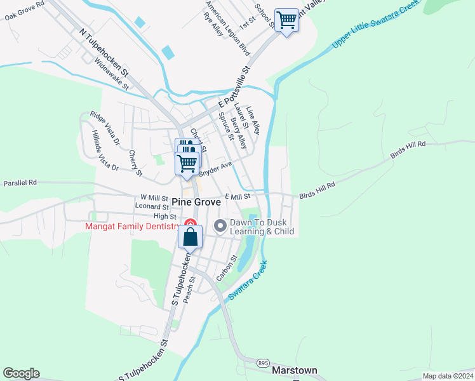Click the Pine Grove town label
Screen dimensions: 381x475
click(x=196, y=202)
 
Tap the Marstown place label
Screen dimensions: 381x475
click(x=294, y=370)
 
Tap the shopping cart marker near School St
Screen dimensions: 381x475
click(x=286, y=20)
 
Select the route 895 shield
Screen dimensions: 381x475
click(x=264, y=362)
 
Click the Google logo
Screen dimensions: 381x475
click(x=21, y=373)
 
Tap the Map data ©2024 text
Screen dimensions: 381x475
click(x=448, y=376)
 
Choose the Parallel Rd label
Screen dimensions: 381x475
click(x=20, y=182)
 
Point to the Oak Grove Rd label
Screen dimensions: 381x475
click(x=24, y=10)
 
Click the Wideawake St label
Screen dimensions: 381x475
click(x=111, y=72)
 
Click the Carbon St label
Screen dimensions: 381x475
click(x=226, y=268)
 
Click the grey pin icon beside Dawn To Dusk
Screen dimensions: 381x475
click(x=220, y=226)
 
